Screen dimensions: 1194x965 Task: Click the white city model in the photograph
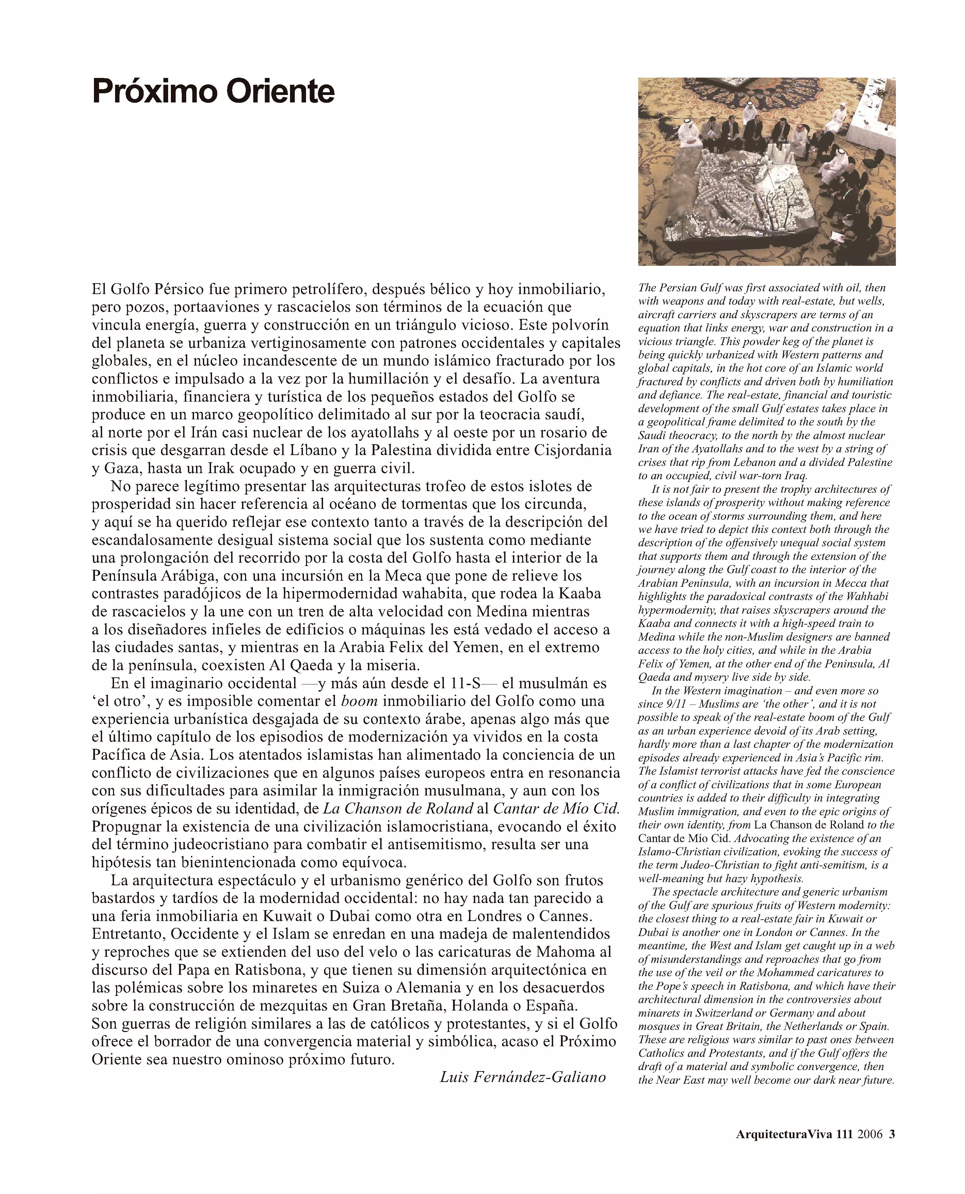point(739,189)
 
